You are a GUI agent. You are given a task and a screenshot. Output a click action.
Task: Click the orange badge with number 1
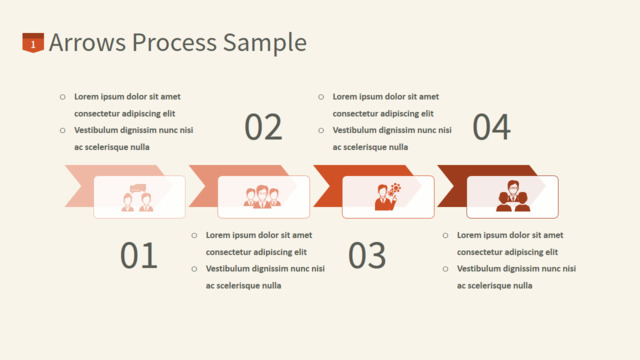[33, 42]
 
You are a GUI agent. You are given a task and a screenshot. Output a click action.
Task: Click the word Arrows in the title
[87, 42]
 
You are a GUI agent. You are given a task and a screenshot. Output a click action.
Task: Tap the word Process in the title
[174, 42]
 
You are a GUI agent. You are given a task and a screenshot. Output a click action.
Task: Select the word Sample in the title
[265, 43]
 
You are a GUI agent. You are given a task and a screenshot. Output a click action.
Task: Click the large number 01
[139, 255]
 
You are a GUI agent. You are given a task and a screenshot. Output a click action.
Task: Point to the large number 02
[263, 127]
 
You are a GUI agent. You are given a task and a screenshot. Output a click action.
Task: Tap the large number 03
[367, 255]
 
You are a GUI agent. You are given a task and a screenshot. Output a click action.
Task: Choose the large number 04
[491, 127]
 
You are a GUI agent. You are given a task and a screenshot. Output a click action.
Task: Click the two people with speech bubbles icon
[138, 198]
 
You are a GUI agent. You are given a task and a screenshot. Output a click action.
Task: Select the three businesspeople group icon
[262, 197]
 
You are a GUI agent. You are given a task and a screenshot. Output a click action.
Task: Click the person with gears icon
[387, 196]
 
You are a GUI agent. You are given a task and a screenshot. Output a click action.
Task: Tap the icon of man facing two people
[513, 196]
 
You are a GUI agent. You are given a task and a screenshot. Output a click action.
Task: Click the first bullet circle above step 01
[62, 97]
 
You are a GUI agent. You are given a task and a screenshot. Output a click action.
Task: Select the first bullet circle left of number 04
[321, 97]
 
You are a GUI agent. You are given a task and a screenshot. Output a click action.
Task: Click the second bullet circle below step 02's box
[194, 269]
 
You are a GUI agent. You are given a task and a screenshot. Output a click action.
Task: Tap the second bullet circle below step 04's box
[445, 269]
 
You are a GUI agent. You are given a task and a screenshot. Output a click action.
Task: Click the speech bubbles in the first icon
[138, 188]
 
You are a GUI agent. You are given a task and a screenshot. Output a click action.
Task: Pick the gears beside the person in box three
[395, 190]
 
